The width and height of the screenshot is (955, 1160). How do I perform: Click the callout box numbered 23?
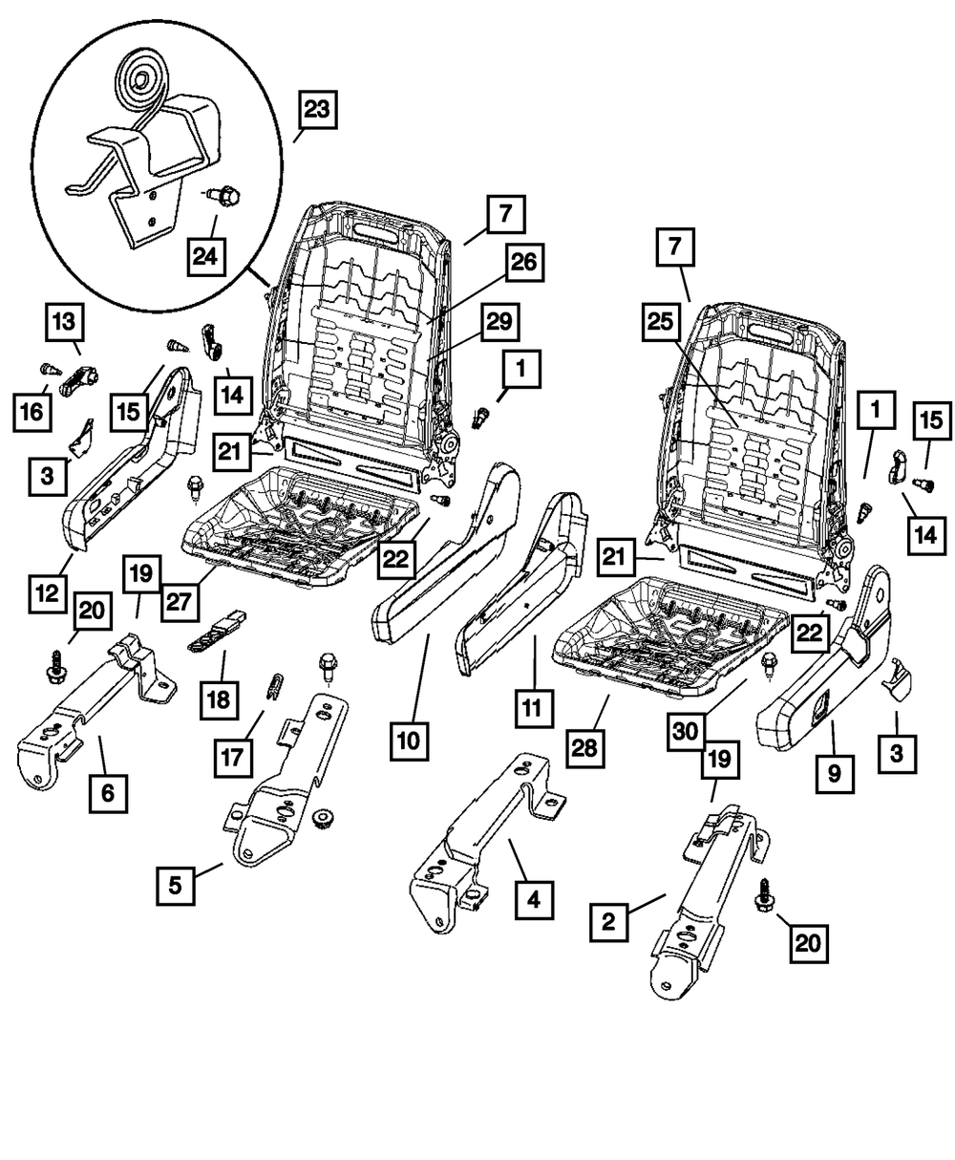point(316,111)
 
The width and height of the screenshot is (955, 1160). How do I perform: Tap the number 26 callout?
point(524,265)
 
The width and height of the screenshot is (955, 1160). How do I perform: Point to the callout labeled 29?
point(500,326)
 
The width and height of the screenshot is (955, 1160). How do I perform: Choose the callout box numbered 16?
point(32,412)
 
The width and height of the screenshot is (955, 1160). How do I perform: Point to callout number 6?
point(108,792)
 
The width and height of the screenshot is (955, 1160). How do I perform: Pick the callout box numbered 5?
point(176,885)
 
